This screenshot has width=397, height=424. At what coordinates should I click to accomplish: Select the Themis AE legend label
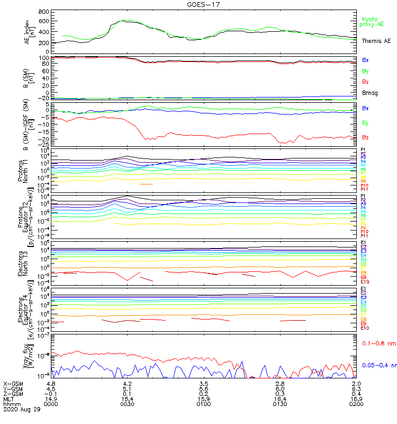pyautogui.click(x=376, y=41)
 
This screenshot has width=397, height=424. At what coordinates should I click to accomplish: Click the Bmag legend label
pyautogui.click(x=368, y=93)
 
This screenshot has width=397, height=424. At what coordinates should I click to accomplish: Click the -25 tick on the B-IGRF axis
pyautogui.click(x=44, y=145)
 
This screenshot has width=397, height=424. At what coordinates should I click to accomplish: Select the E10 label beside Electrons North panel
pyautogui.click(x=364, y=282)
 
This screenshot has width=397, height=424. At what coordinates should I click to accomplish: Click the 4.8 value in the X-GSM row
pyautogui.click(x=51, y=383)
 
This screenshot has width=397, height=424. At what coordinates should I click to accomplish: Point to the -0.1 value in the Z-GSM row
pyautogui.click(x=50, y=393)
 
